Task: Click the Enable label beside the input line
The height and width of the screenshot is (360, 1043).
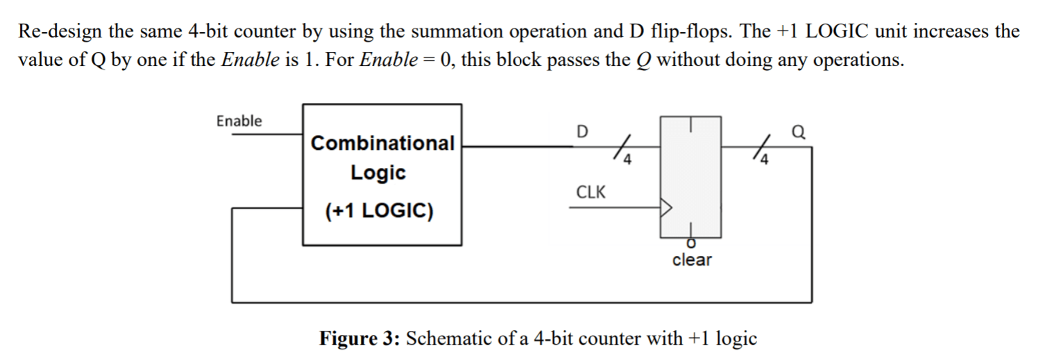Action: coord(239,121)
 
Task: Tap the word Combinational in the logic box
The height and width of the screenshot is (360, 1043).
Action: coord(382,144)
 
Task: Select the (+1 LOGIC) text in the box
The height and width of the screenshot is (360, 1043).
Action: coord(379,211)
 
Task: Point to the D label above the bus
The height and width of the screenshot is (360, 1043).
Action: coord(582,130)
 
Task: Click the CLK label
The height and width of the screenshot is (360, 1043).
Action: coord(591,192)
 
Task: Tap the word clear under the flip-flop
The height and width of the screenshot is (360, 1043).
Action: coord(691,260)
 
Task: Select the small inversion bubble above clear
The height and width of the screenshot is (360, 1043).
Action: coord(690,243)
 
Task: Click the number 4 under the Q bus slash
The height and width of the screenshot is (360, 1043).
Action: coord(765,162)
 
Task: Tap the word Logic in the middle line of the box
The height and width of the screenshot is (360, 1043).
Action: coord(378,173)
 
